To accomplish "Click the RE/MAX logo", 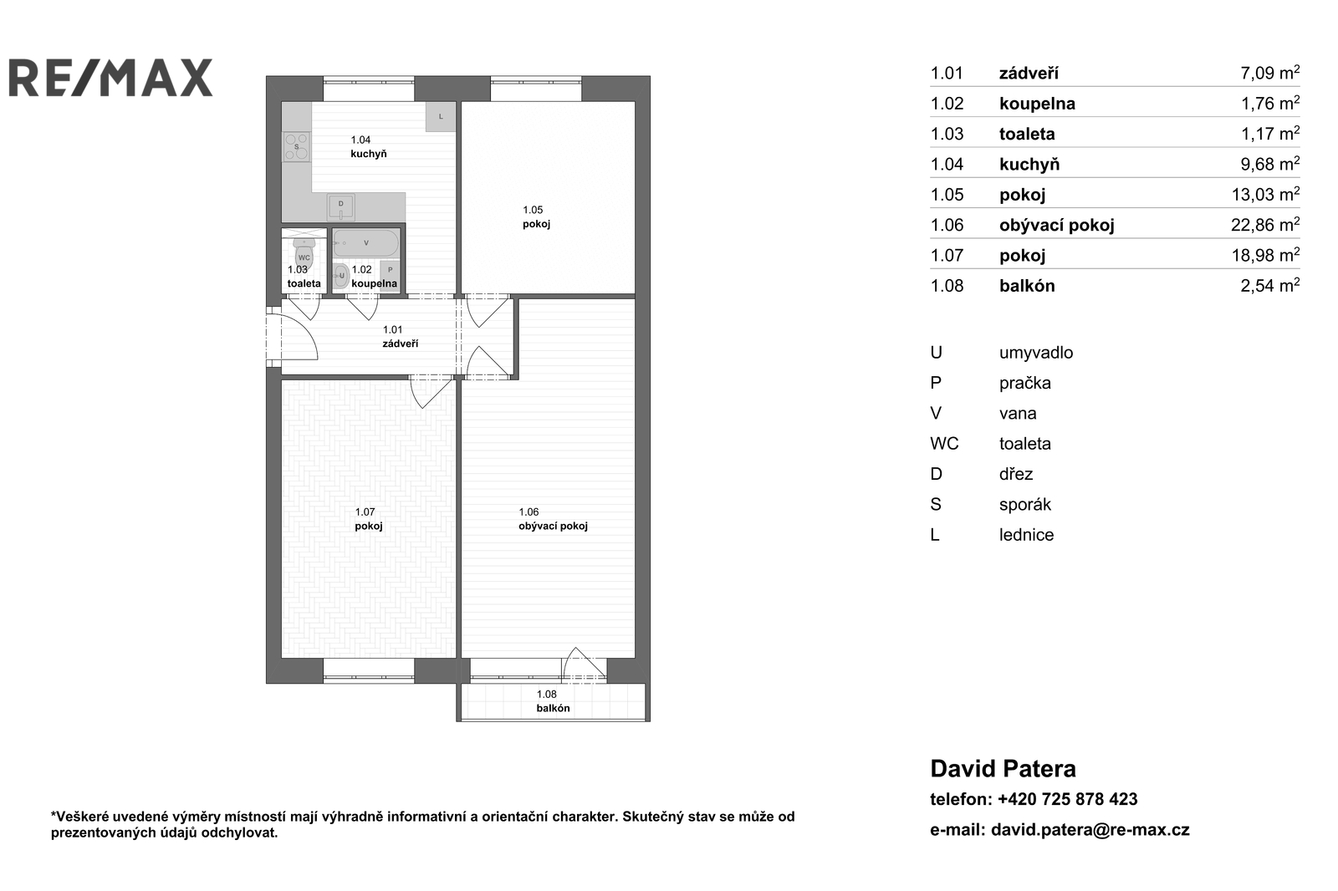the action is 110,78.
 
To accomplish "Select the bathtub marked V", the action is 366,243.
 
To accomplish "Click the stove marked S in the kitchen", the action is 296,147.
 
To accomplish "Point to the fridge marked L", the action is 441,116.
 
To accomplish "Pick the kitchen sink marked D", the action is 341,206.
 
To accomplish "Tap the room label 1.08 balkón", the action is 553,701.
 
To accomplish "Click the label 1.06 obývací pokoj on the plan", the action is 553,519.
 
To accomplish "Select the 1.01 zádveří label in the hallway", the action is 401,337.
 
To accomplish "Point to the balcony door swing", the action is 585,664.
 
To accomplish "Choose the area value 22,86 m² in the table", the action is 1265,225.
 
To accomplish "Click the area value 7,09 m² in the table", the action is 1270,73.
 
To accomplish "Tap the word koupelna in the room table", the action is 1037,104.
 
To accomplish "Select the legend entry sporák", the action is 1025,505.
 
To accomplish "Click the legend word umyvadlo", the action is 1036,353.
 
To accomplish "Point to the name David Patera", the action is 1003,769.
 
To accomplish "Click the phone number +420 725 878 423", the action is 1067,799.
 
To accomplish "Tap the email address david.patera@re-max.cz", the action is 1090,830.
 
